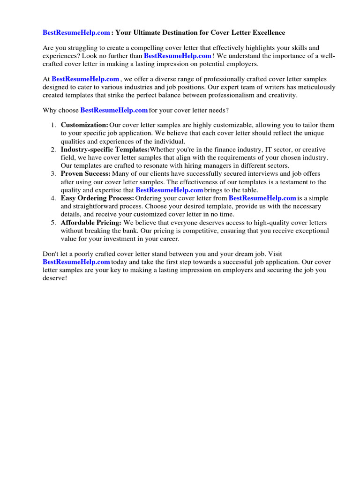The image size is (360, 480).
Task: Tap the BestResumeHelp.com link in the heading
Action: click(76, 33)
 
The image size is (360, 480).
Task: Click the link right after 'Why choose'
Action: click(114, 110)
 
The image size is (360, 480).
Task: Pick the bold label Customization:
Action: click(84, 125)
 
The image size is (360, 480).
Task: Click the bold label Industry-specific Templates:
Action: click(105, 150)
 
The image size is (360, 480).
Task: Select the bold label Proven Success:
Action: click(86, 174)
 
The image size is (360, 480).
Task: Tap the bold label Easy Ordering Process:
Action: click(97, 198)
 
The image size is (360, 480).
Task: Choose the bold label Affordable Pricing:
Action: click(91, 223)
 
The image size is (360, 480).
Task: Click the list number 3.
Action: click(53, 174)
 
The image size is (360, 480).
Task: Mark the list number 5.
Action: click(53, 223)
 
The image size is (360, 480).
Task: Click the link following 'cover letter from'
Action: click(262, 198)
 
